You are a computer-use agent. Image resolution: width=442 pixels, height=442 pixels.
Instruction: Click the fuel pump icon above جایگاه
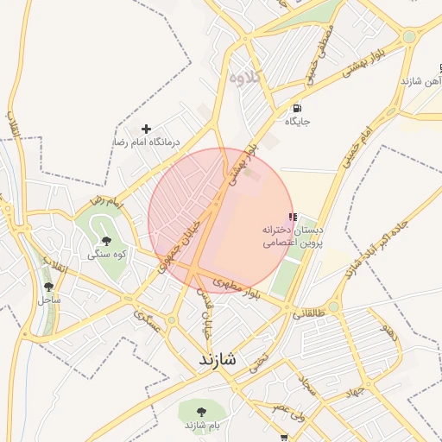pos(297,109)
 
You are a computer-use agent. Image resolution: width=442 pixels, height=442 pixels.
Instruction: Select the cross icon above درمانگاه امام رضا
pos(146,129)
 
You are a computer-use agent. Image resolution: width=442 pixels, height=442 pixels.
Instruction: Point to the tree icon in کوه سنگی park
pos(107,242)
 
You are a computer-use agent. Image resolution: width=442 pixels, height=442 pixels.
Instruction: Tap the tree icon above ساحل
pos(48,287)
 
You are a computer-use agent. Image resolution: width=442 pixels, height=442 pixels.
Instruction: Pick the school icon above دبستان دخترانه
pos(293,217)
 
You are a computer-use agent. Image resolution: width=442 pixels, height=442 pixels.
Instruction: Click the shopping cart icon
pos(284,438)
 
